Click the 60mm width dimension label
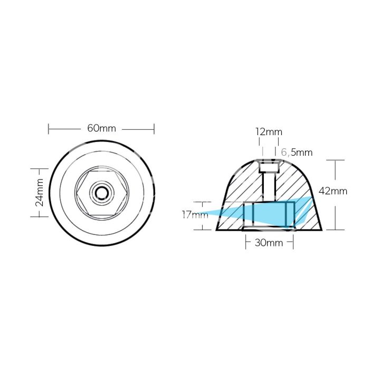pyautogui.click(x=101, y=128)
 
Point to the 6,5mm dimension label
pyautogui.click(x=297, y=153)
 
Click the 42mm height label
pyautogui.click(x=334, y=191)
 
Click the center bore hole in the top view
pyautogui.click(x=100, y=193)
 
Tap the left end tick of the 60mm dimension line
pyautogui.click(x=49, y=128)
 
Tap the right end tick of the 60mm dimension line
pyautogui.click(x=154, y=128)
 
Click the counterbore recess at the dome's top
pyautogui.click(x=269, y=168)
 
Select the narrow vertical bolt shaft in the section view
pyautogui.click(x=269, y=187)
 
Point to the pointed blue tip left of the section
pyautogui.click(x=204, y=214)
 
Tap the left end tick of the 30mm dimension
pyautogui.click(x=245, y=243)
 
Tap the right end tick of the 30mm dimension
pyautogui.click(x=294, y=243)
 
